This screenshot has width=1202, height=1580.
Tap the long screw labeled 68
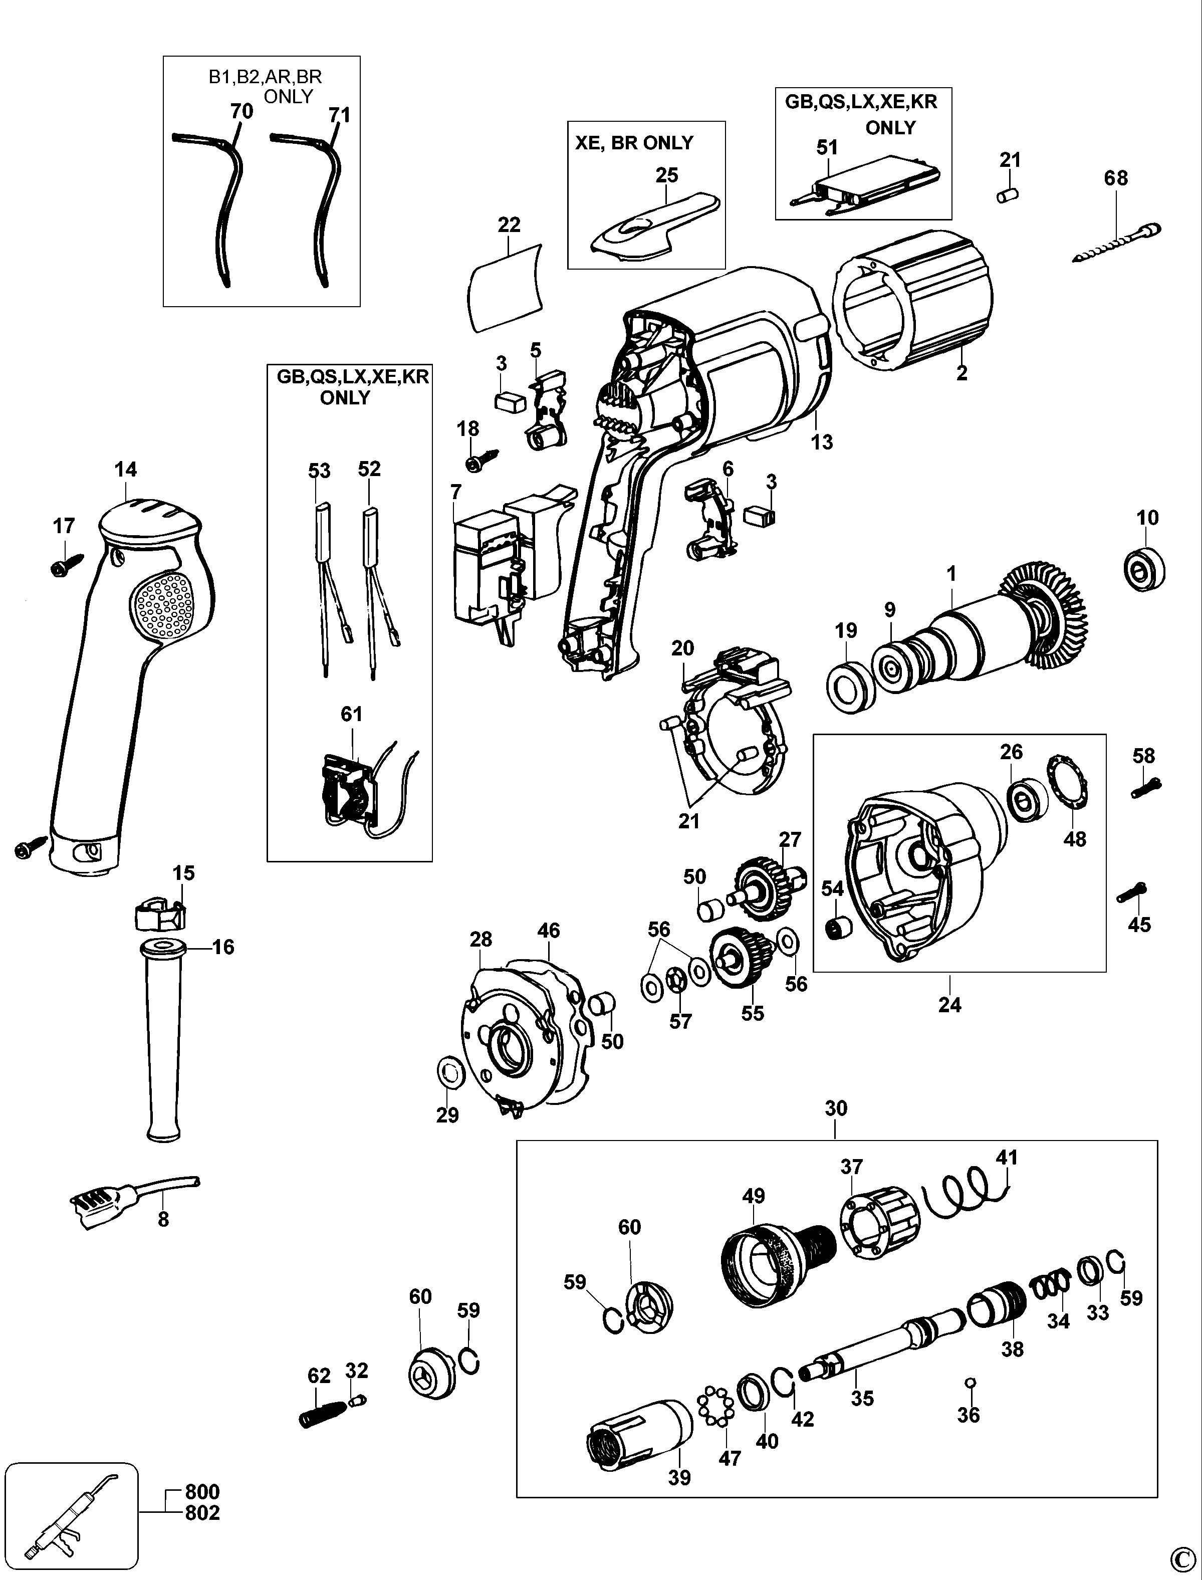click(1116, 244)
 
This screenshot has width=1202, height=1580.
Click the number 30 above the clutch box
click(836, 1108)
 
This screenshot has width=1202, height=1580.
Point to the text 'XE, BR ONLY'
click(634, 143)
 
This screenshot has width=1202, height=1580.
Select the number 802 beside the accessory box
click(202, 1513)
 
